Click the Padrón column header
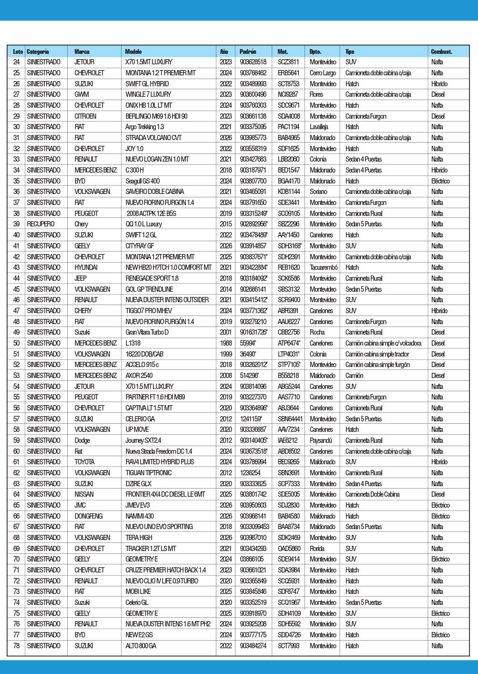coord(248,51)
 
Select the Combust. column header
coord(441,51)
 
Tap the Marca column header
coord(82,51)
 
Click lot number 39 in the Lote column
coord(17,224)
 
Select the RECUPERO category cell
coord(41,224)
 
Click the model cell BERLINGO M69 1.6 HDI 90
coord(156,116)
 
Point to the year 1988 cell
coord(226,343)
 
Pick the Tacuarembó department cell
coord(324,267)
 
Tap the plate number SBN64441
coord(290,419)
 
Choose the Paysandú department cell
coord(321,440)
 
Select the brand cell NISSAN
coord(84,494)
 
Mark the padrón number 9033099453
coord(254,527)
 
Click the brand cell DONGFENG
coord(89,516)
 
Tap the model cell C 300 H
coord(134,170)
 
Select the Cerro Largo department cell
coord(323,73)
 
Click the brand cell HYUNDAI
coord(86,267)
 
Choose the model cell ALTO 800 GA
coord(141,646)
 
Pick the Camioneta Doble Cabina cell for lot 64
coord(372,494)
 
